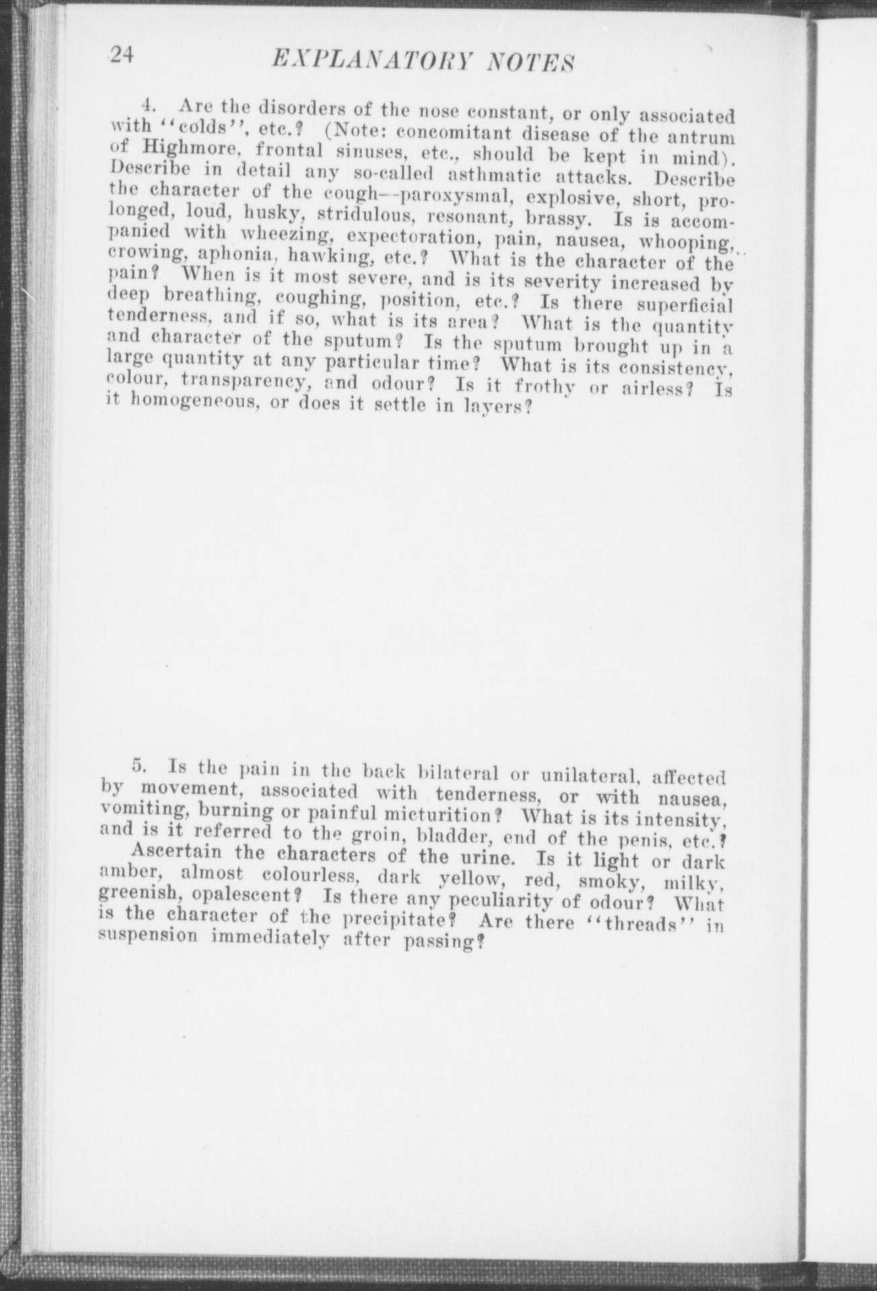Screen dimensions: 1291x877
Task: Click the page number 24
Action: coord(122,56)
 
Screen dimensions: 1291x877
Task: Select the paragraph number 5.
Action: coord(140,765)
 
